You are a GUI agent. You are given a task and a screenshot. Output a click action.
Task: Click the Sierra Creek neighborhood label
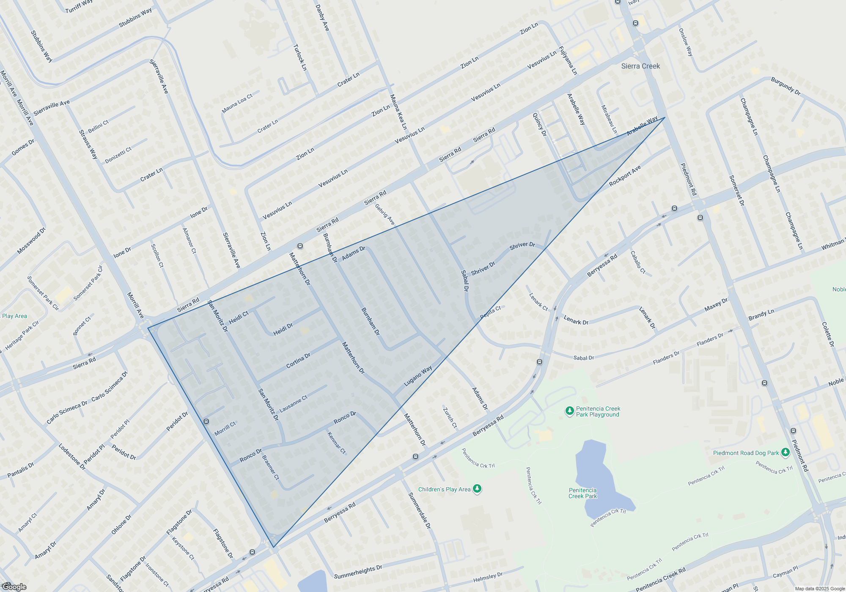coord(640,66)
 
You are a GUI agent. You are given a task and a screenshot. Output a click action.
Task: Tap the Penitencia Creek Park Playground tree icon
coord(569,411)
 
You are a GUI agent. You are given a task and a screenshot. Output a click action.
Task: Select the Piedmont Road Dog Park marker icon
coord(785,452)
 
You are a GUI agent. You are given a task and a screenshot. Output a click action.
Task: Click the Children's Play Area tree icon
coord(477,489)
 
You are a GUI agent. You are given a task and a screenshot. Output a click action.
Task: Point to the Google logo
coord(14,587)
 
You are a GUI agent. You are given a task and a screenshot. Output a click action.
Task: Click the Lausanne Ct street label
coord(293,404)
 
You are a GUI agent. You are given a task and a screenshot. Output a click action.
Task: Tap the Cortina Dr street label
coord(298,360)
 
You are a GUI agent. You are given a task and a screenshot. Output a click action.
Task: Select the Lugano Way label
coord(418,375)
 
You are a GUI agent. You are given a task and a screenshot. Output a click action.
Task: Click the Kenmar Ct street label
coord(337,443)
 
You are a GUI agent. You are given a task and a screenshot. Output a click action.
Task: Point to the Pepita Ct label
coord(491,312)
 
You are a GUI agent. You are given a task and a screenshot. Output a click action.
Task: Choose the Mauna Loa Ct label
coord(237,103)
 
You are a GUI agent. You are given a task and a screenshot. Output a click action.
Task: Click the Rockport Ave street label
coord(625,176)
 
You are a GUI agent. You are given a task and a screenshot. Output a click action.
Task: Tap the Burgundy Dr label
coord(786,86)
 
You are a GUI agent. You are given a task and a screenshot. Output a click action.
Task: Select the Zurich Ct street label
coord(450,417)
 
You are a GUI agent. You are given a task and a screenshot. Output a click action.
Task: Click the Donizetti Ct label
coord(118,155)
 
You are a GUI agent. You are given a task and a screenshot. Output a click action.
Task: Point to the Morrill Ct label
coord(225,429)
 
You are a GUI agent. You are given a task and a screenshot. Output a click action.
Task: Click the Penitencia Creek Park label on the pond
coord(582,493)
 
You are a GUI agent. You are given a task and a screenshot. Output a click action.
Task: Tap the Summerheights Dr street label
coord(358,572)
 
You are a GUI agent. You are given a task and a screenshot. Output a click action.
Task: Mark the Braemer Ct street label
coord(271,467)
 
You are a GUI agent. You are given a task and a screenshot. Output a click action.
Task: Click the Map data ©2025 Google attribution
coord(820,589)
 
